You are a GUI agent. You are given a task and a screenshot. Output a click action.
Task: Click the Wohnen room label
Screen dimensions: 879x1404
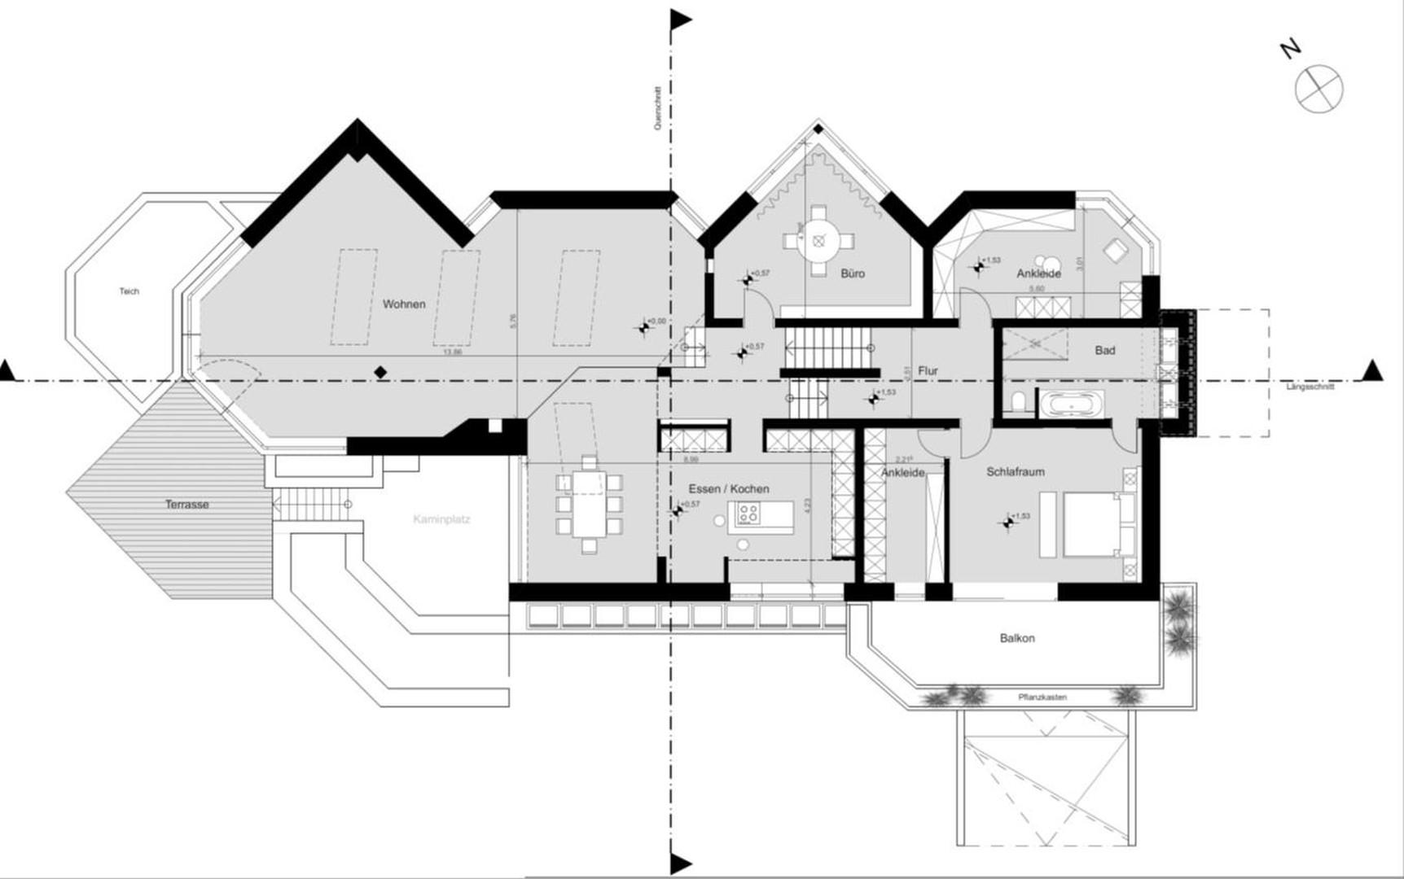click(404, 304)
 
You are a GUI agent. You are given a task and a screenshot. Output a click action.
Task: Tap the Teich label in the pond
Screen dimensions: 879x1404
click(129, 291)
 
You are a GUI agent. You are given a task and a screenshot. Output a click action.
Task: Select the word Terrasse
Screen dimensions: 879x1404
click(186, 505)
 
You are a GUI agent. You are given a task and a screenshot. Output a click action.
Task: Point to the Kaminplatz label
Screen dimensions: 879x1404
click(441, 518)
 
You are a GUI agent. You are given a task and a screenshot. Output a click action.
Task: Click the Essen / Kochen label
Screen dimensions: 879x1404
click(728, 489)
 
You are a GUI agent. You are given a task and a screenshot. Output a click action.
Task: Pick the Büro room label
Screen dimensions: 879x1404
click(852, 273)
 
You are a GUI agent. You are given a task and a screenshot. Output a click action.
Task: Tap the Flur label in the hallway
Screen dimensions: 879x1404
click(928, 371)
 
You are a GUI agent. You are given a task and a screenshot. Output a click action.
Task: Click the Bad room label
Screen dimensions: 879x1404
click(1104, 351)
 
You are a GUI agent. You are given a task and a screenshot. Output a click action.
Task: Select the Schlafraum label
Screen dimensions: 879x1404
click(1015, 472)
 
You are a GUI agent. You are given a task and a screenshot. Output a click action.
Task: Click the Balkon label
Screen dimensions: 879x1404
click(1017, 638)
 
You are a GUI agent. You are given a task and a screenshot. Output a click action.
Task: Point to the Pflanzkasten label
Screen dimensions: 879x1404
click(1042, 698)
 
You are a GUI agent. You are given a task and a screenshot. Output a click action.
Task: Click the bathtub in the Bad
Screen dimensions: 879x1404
click(1069, 404)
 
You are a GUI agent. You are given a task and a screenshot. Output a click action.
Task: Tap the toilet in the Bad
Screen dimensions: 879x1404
click(1016, 403)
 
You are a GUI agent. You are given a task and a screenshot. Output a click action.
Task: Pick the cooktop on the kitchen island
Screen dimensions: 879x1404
click(748, 514)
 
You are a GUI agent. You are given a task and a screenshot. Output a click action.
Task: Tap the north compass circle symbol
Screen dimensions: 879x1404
click(1318, 89)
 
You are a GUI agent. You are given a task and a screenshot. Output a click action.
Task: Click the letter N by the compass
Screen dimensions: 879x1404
click(1289, 50)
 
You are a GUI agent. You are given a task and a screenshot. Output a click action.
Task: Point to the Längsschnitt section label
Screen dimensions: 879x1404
click(1310, 387)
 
